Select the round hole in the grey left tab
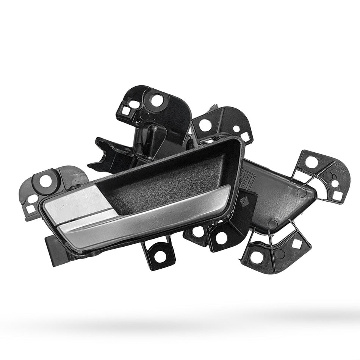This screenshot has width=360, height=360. click(x=45, y=182)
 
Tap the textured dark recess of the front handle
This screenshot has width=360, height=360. click(x=167, y=178)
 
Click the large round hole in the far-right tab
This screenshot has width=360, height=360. click(x=311, y=163)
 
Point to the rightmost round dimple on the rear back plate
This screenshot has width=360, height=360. click(x=302, y=192)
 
